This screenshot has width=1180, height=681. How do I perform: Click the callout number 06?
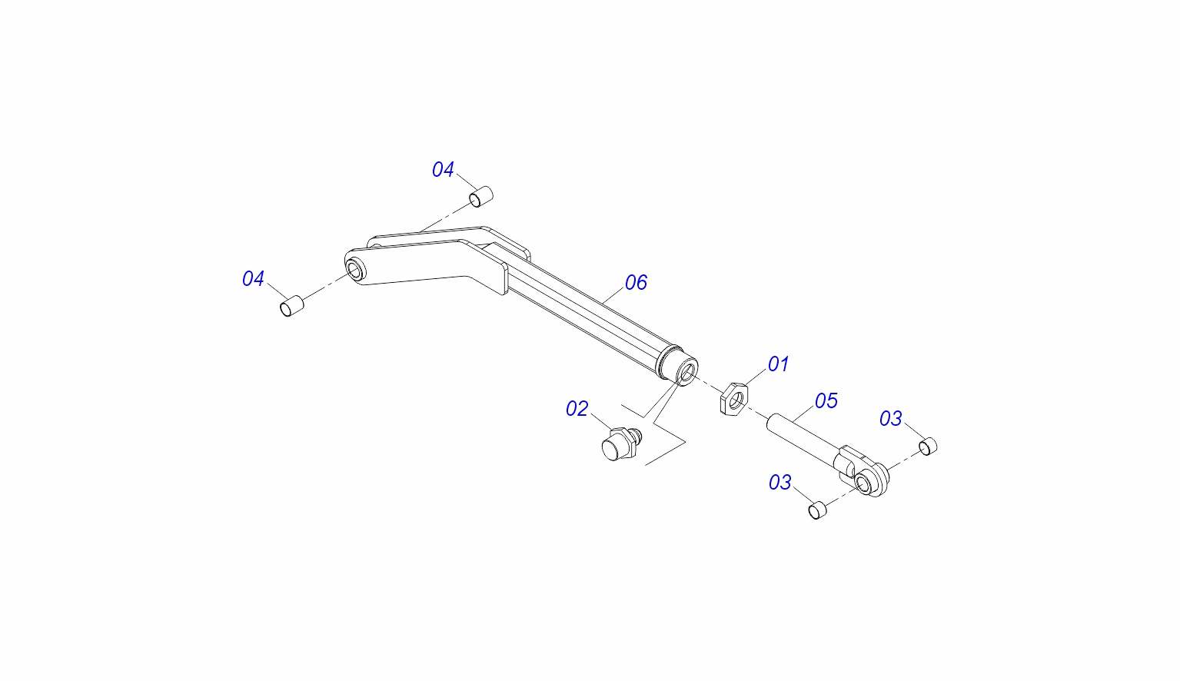[x=636, y=283]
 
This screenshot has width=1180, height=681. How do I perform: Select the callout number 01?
[x=778, y=364]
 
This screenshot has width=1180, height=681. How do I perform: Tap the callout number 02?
[x=577, y=409]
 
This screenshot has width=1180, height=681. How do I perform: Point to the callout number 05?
[x=826, y=401]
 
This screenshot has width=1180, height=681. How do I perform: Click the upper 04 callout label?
[x=443, y=170]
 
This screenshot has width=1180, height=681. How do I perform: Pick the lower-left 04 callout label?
[x=253, y=279]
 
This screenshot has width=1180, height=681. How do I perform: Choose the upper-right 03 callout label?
[x=890, y=419]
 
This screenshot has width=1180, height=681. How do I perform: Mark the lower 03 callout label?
[x=779, y=483]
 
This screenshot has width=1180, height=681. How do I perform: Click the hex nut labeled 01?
[x=734, y=398]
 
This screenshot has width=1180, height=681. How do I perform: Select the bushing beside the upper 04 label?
[x=480, y=196]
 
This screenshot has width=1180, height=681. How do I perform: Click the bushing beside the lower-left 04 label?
[x=291, y=306]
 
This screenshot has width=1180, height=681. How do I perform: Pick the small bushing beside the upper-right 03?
[x=929, y=446]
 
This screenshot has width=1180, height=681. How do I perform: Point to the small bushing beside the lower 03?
[x=817, y=510]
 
